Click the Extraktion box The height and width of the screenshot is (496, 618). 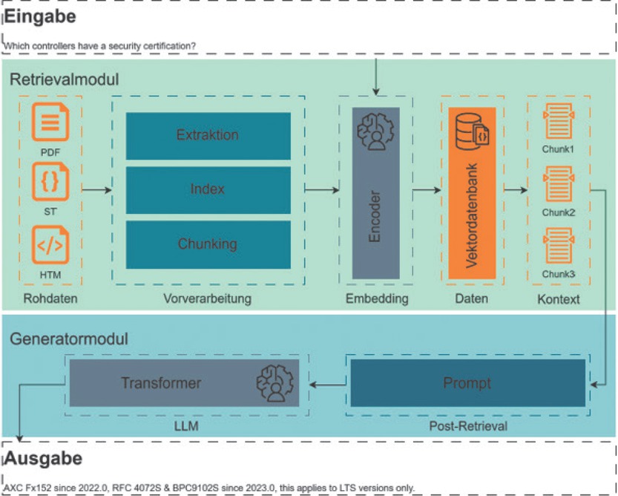coord(208,136)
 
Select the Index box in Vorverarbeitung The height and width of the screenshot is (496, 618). coord(208,189)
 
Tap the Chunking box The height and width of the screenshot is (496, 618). coord(208,244)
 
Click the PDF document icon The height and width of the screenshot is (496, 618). coord(51,123)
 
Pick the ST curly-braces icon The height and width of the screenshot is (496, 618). coord(51,183)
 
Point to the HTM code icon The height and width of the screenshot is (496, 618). coord(51,247)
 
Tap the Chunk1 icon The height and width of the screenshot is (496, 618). coord(559,122)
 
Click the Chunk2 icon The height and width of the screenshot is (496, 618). coord(559,185)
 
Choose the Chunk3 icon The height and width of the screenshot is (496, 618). coord(559,247)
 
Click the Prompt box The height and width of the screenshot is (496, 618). coord(467,383)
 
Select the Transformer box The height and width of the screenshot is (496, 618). coord(184,383)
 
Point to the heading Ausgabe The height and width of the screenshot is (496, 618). coord(43,458)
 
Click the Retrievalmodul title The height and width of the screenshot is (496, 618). coord(64,79)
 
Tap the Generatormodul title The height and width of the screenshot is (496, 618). coord(69,339)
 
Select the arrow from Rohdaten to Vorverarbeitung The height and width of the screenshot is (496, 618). coord(96,190)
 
